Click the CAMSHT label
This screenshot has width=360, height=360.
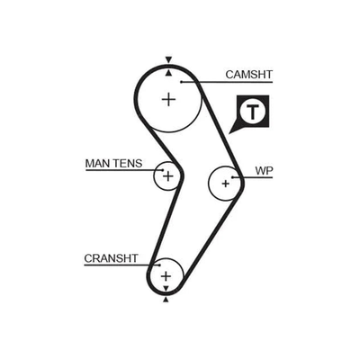248,75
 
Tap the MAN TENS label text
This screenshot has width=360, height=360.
113,164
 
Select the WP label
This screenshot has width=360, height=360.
264,171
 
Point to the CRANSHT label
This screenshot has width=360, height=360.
111,258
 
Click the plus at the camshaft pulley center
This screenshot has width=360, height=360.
168,99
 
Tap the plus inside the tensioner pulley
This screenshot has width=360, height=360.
168,176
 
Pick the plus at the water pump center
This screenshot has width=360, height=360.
226,183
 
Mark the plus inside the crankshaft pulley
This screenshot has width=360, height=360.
166,275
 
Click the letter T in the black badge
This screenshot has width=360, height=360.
253,112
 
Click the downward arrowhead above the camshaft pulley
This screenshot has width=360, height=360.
169,59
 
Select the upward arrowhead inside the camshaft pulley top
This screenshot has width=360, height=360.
169,72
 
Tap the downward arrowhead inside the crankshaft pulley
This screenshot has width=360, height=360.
166,289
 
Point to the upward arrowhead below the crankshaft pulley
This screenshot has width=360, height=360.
166,300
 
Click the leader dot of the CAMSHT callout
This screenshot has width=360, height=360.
182,82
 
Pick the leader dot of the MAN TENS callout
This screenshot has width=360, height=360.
163,170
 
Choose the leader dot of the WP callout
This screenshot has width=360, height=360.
232,177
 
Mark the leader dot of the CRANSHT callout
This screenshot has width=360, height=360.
160,265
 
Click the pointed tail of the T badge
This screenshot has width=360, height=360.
229,133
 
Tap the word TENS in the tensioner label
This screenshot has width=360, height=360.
128,164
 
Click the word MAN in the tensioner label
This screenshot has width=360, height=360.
97,164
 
